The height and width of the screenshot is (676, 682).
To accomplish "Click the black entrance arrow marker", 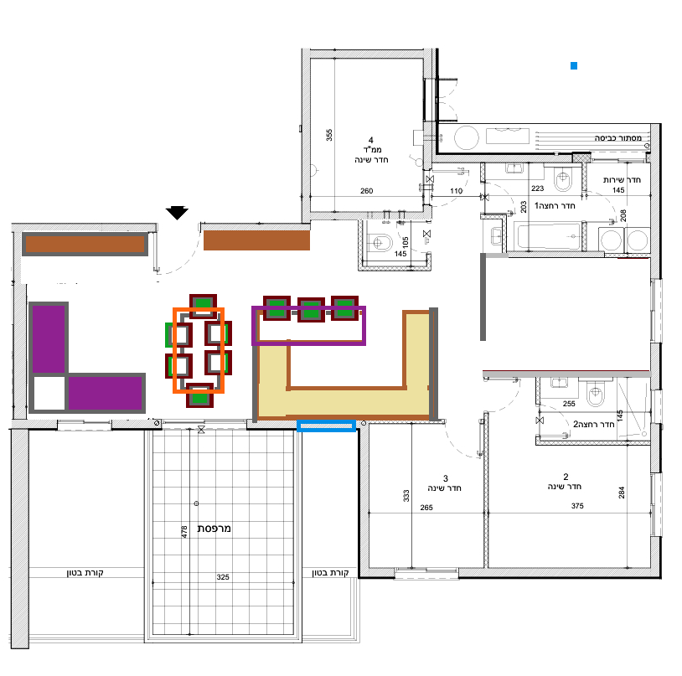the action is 177,213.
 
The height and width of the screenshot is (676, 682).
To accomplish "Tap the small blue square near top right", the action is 574,65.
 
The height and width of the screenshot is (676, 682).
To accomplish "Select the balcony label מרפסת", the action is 214,529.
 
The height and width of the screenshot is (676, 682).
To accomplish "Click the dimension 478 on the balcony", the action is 184,532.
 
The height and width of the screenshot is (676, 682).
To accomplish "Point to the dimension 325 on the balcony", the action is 223,577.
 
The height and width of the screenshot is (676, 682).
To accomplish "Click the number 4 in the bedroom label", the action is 370,140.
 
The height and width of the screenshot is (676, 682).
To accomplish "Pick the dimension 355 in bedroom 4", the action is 329,135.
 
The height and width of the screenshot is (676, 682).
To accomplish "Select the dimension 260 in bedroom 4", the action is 367,191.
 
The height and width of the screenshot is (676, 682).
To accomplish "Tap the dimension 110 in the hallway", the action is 457,191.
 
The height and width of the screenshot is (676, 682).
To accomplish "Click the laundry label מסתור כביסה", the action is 618,138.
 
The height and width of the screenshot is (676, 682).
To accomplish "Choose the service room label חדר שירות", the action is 622,180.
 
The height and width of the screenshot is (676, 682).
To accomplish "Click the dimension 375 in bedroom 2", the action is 577,506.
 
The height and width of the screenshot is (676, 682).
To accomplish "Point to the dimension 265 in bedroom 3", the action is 426,508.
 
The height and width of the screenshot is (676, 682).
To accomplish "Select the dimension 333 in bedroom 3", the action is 406,496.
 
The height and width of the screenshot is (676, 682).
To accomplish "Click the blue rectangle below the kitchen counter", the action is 326,426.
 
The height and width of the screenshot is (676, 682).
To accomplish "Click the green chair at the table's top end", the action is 203,302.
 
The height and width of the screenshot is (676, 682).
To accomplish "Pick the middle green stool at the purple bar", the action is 311,310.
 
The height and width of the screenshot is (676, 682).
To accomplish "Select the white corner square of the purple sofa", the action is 49,393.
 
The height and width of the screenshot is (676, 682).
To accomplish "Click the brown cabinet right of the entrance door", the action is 256,240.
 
